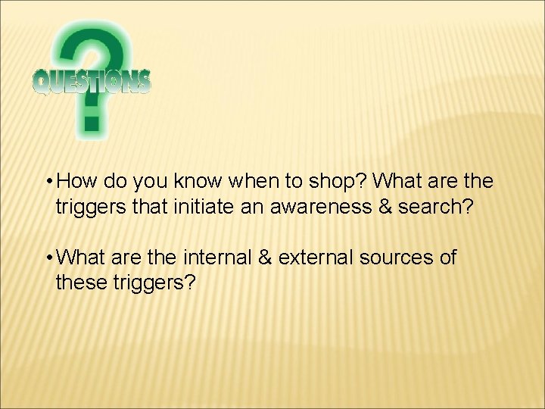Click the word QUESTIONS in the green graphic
(x=92, y=82)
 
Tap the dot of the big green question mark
(x=92, y=122)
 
